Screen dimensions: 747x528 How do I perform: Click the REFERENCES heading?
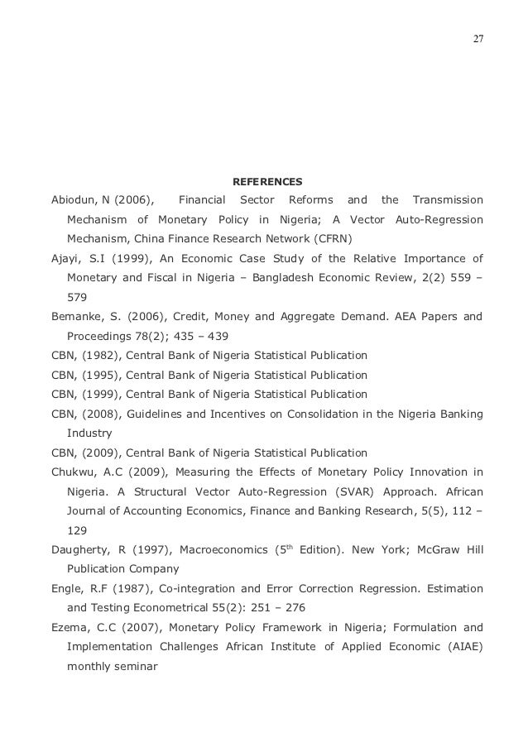pyautogui.click(x=267, y=180)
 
